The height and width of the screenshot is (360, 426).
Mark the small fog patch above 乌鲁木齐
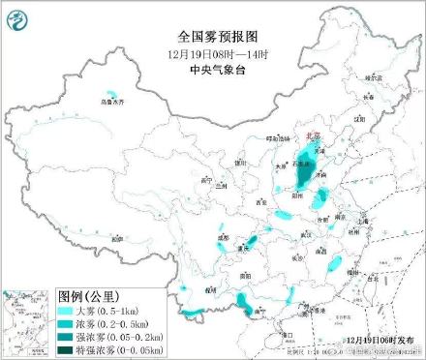[112, 94]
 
